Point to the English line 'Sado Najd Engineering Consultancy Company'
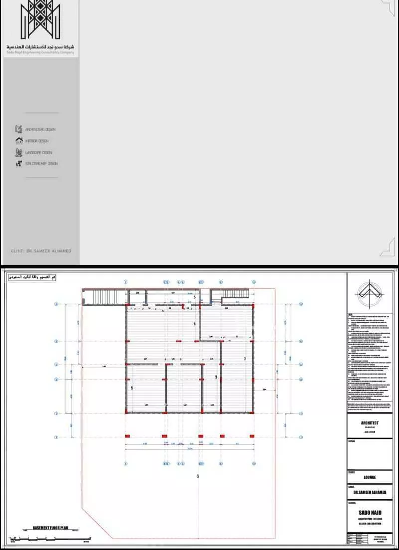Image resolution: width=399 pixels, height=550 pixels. click(x=40, y=52)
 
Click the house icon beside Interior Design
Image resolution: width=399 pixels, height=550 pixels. click(x=19, y=141)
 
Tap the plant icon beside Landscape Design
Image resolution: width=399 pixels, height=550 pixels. click(x=19, y=152)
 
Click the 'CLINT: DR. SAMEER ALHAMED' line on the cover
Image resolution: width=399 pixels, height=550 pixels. click(x=41, y=251)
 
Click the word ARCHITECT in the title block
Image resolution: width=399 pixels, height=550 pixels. click(x=369, y=423)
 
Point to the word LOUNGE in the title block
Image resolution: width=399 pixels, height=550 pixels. click(x=369, y=477)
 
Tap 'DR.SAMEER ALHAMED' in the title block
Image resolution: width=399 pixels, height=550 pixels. click(x=369, y=492)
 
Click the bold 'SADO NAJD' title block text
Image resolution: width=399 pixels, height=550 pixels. click(x=369, y=512)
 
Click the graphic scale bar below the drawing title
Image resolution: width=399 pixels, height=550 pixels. click(x=50, y=538)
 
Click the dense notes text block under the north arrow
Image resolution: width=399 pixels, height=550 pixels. click(x=369, y=359)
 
